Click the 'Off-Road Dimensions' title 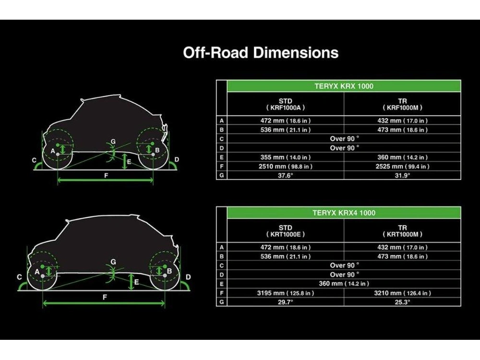[261, 53]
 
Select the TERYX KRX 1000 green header [344, 86]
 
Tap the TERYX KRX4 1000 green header [344, 213]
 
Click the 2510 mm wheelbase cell [285, 166]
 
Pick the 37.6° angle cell [285, 175]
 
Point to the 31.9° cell [402, 175]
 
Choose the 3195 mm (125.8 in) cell [285, 293]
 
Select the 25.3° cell [402, 302]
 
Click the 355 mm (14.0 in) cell [285, 157]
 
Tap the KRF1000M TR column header [402, 104]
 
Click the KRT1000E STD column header [285, 231]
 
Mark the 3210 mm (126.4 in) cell [402, 293]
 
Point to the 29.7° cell [285, 302]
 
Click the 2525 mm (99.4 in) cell [402, 166]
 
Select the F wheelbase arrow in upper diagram [105, 180]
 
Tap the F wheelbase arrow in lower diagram [104, 303]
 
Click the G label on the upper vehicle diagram [113, 142]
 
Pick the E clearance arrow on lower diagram [132, 282]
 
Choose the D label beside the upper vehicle [177, 159]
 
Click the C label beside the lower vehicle [19, 277]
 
